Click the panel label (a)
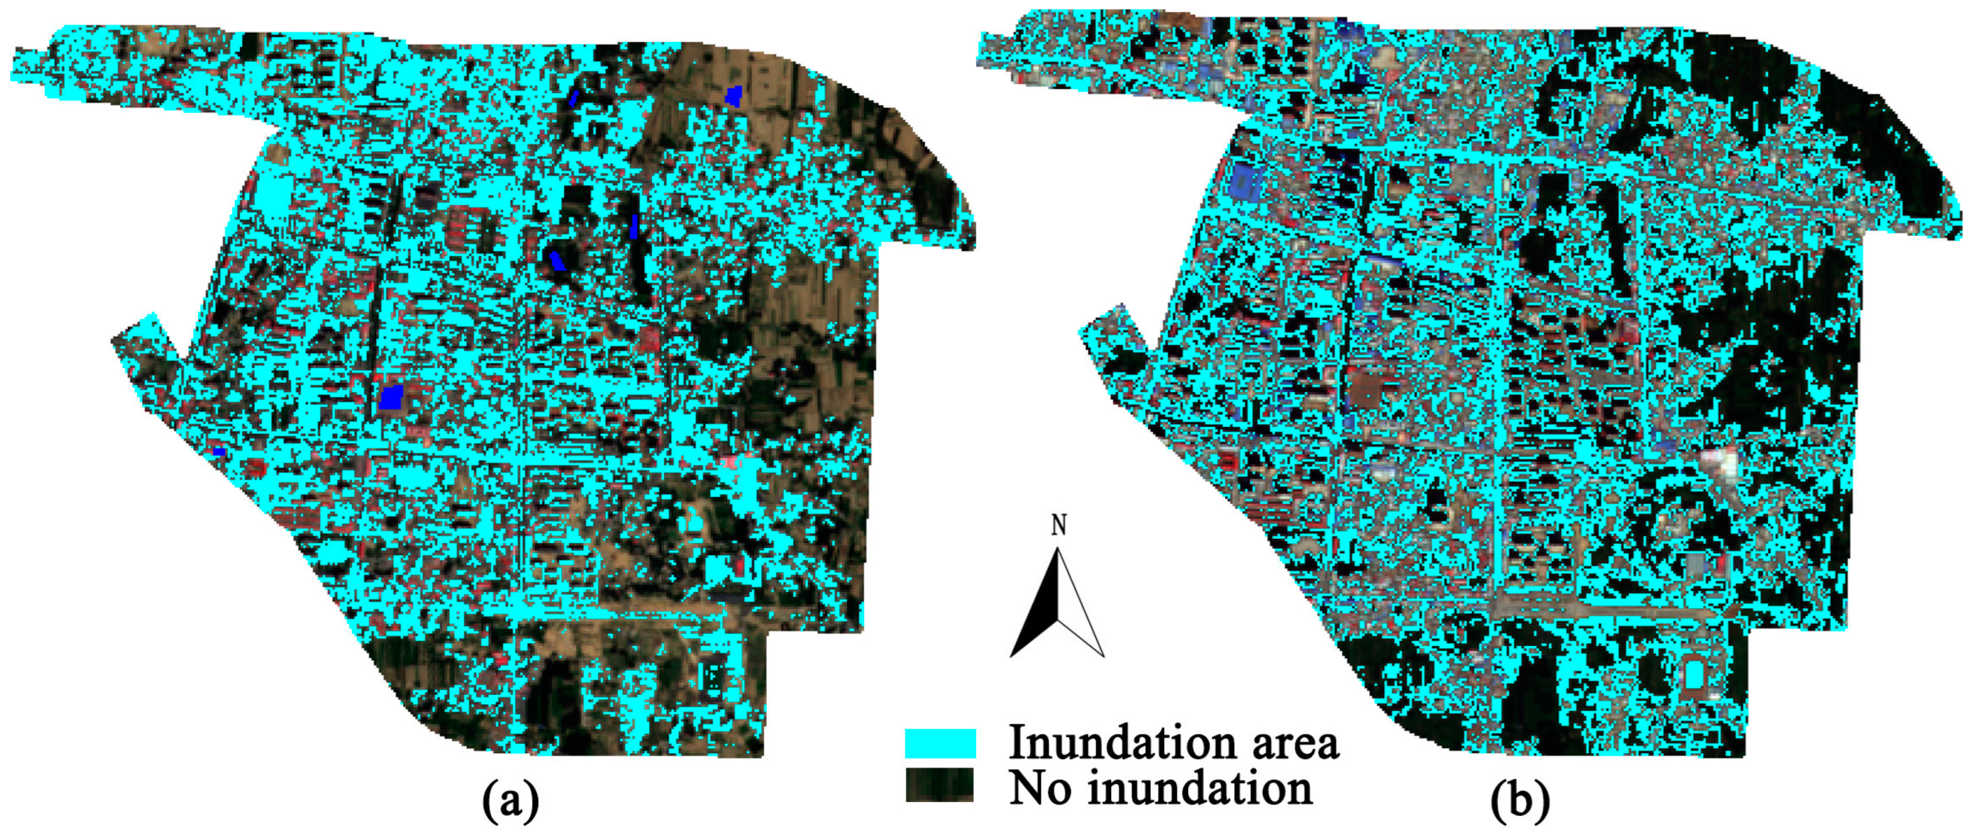coord(511,802)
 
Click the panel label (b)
coord(1520,802)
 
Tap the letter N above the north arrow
coord(1059,525)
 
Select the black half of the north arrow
coord(1038,613)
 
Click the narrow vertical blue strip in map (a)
coord(634,226)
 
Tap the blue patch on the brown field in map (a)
coord(734,96)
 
